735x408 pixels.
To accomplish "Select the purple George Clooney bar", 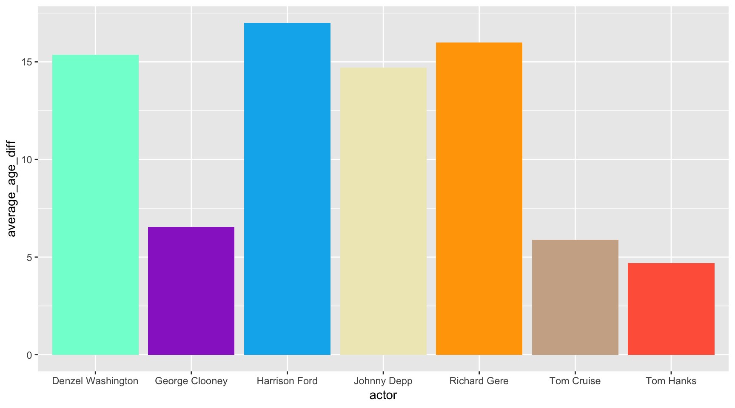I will (x=191, y=291).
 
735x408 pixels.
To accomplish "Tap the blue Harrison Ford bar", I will (x=287, y=189).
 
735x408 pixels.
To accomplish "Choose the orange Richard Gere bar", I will (x=479, y=198).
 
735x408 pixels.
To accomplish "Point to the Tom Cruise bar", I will (x=575, y=297).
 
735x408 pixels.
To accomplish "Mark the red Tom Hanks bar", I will (x=671, y=309).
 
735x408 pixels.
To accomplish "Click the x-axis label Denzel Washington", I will (x=95, y=381).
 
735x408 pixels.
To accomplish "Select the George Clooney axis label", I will (x=191, y=381).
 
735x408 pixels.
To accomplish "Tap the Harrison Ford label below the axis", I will (x=287, y=381).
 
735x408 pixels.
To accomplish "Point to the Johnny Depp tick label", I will (x=383, y=381).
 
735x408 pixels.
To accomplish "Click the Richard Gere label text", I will (x=479, y=381).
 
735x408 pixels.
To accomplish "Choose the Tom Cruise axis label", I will (x=575, y=381).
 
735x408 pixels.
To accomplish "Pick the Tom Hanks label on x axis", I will (x=671, y=381).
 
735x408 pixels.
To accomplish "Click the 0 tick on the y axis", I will (x=29, y=355).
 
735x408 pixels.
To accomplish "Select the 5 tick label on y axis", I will (x=29, y=257).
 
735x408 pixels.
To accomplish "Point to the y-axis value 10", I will (x=27, y=160).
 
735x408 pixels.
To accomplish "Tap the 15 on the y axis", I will (x=27, y=62).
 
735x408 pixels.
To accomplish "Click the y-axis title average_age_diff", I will (x=11, y=189).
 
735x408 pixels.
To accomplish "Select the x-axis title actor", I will (x=383, y=395).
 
